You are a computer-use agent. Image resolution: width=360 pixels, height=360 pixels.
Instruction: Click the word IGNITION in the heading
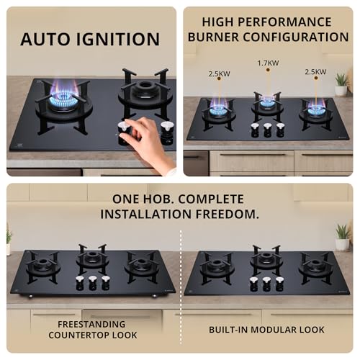tap(118, 39)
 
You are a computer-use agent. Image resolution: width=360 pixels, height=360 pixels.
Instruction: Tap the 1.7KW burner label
tap(267, 63)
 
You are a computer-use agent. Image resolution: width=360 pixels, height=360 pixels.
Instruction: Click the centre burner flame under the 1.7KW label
tap(267, 103)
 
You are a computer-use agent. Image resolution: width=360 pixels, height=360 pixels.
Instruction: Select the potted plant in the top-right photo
tap(341, 82)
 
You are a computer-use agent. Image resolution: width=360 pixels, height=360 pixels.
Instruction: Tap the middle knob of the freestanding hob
tap(92, 284)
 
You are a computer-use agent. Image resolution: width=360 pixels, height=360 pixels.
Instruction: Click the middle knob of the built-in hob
tap(266, 284)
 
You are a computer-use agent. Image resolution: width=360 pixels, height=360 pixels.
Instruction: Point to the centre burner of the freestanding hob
tap(91, 258)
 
